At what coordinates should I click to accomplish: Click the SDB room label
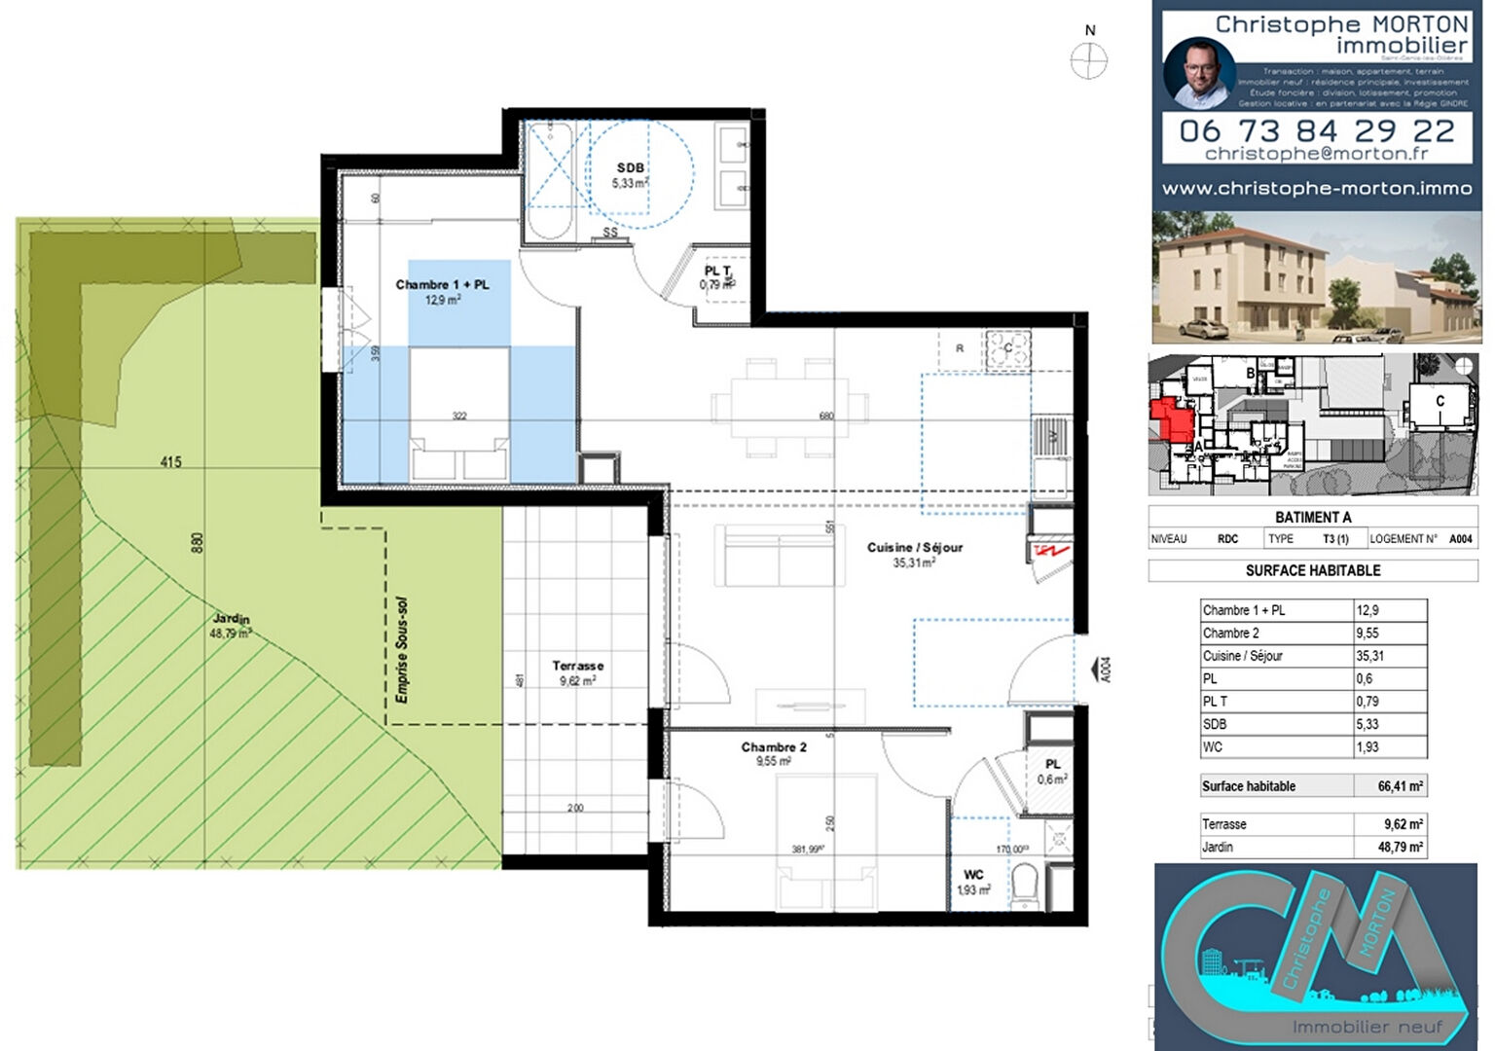[x=630, y=168]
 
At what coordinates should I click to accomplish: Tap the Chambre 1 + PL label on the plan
[x=442, y=285]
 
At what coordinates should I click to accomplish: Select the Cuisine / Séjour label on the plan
[x=914, y=548]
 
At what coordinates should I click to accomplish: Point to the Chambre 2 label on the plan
[x=774, y=747]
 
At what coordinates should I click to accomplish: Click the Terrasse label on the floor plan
[x=577, y=666]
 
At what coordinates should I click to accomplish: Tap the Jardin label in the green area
[x=231, y=619]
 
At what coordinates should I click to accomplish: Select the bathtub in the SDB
[x=552, y=180]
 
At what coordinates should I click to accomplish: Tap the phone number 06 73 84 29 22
[x=1316, y=130]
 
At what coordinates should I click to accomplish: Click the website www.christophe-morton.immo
[x=1316, y=189]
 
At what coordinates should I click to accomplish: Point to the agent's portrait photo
[x=1199, y=74]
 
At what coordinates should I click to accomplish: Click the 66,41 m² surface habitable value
[x=1400, y=786]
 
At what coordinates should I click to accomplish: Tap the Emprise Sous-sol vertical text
[x=402, y=650]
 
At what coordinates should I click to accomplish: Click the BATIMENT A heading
[x=1313, y=517]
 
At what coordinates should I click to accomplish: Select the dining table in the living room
[x=790, y=408]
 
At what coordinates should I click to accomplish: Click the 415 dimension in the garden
[x=170, y=461]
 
